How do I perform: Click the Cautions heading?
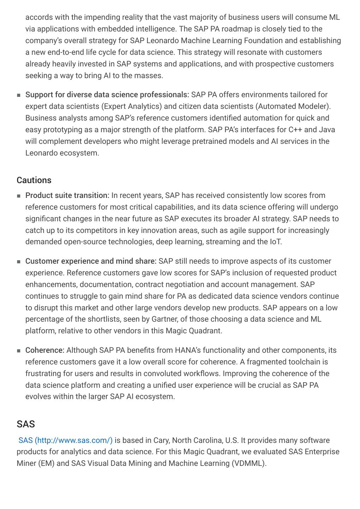[34, 180]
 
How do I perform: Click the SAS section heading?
[26, 424]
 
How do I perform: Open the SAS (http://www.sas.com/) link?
[65, 440]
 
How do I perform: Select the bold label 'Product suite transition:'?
[67, 195]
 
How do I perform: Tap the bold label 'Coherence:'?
[45, 350]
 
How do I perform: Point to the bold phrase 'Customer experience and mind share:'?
[91, 261]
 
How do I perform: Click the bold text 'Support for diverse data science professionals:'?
[107, 95]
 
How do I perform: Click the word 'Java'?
[327, 130]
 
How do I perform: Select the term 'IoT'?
[275, 242]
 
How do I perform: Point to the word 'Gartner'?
[164, 319]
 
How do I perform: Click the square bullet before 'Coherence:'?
[19, 351]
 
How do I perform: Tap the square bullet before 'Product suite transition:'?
[19, 196]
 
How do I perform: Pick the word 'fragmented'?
[266, 362]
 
